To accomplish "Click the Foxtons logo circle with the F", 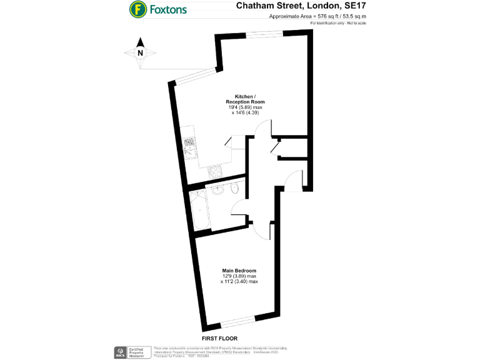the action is tap(137, 9).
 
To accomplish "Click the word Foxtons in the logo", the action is tap(167, 9).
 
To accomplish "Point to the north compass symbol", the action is tap(140, 52).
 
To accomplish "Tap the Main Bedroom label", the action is tap(239, 271).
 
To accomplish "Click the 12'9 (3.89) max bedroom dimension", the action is tap(239, 276).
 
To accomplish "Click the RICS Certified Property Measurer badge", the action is tap(131, 351).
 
